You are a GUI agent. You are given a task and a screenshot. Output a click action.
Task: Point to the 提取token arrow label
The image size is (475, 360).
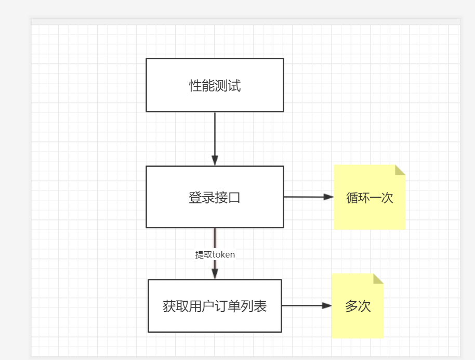coord(215,255)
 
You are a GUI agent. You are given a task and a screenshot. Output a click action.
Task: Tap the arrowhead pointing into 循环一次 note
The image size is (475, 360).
coord(328,197)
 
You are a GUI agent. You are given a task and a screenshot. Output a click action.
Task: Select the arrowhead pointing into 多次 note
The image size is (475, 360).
coord(326,306)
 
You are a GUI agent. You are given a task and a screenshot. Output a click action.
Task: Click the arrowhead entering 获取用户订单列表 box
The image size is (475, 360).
coord(215,274)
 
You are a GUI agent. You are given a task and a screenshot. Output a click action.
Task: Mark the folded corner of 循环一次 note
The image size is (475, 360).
coord(400,170)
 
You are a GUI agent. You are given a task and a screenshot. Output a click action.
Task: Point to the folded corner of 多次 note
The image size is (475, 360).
coord(378,278)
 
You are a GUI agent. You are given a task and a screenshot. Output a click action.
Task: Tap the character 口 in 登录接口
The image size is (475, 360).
coord(235,198)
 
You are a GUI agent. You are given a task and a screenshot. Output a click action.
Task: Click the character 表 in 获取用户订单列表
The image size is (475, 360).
coord(261,306)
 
